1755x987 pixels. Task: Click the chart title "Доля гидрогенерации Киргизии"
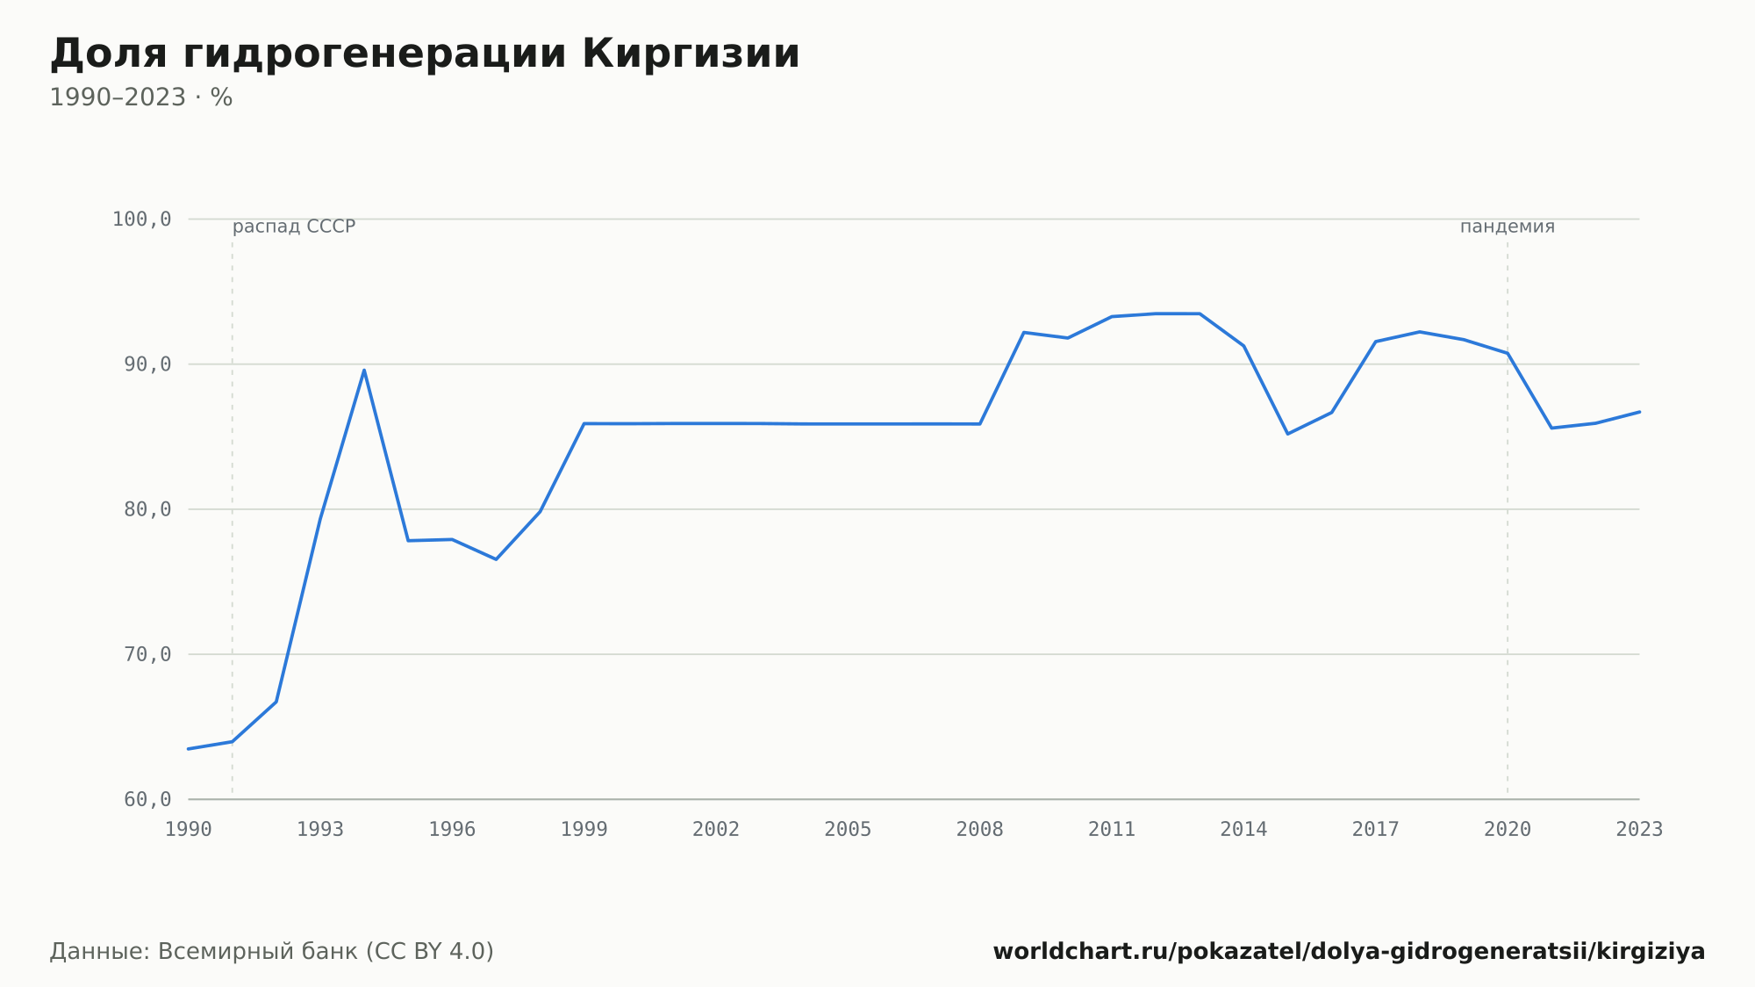[425, 54]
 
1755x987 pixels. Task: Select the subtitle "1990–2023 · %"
[140, 97]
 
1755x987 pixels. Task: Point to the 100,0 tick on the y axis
[141, 220]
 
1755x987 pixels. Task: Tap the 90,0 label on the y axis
[147, 364]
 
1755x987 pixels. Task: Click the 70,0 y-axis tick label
[147, 654]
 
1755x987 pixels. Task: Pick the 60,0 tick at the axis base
[147, 799]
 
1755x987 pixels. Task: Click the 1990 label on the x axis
[189, 830]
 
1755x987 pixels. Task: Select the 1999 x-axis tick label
[584, 830]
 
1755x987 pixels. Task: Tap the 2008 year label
[980, 830]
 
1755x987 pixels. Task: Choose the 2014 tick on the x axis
[1243, 830]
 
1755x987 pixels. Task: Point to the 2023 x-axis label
[1639, 830]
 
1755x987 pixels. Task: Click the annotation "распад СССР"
[294, 227]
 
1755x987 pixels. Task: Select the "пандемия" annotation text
[1508, 227]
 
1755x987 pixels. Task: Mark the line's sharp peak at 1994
[364, 370]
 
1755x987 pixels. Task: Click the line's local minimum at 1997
[496, 559]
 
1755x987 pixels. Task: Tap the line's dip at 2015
[1287, 434]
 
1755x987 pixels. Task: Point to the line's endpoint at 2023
[1639, 412]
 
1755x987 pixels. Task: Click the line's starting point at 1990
[189, 749]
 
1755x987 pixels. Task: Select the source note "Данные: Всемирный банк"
[204, 952]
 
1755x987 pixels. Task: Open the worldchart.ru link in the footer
[1349, 952]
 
